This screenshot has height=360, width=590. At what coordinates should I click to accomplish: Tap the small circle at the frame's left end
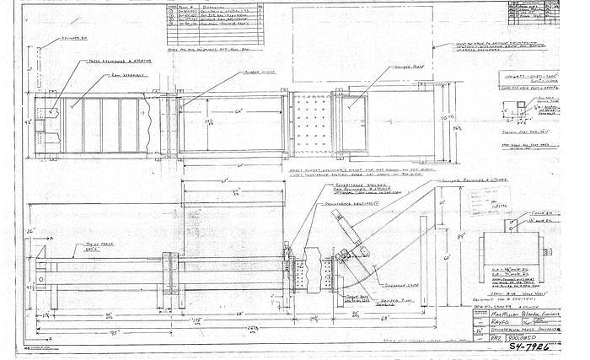(x=40, y=279)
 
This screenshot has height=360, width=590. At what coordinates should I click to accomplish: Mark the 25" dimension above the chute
(x=419, y=206)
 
